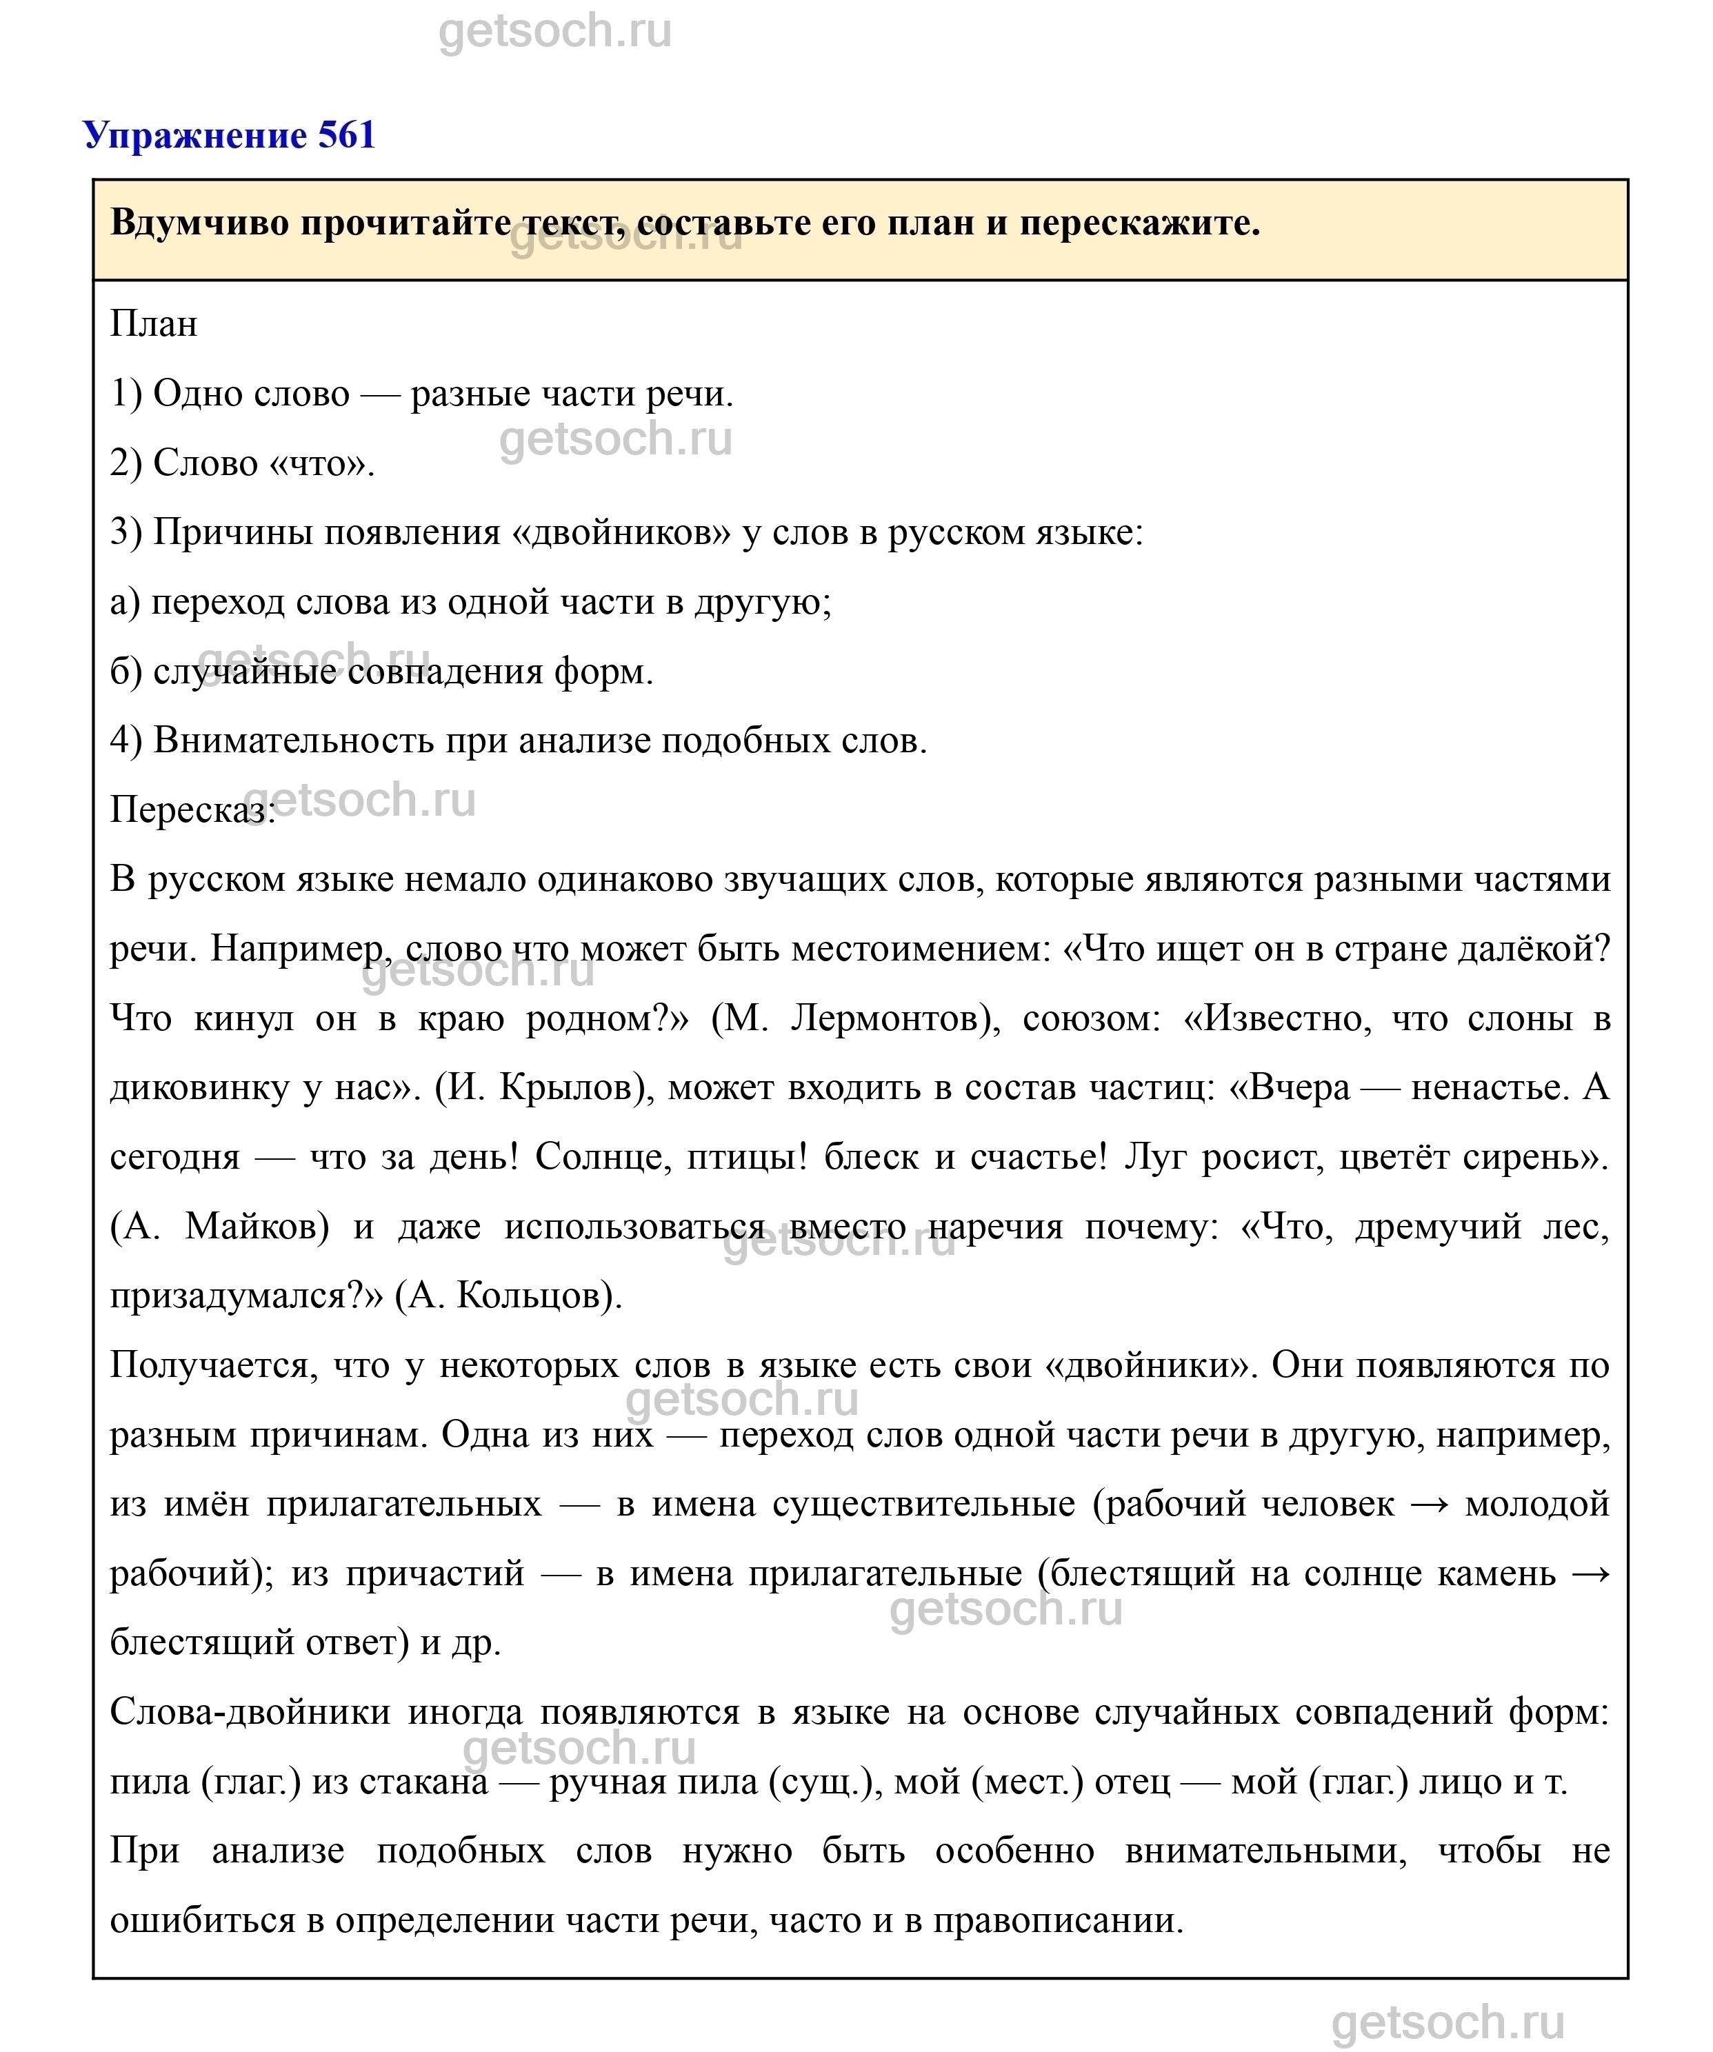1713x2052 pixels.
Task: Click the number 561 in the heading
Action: point(347,135)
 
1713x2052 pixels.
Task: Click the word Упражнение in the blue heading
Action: point(195,135)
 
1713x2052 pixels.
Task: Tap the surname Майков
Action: point(256,1227)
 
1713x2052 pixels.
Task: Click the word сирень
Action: point(1554,1157)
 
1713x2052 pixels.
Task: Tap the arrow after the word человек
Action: point(1429,1504)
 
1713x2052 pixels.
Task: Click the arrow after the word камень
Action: point(1590,1573)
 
